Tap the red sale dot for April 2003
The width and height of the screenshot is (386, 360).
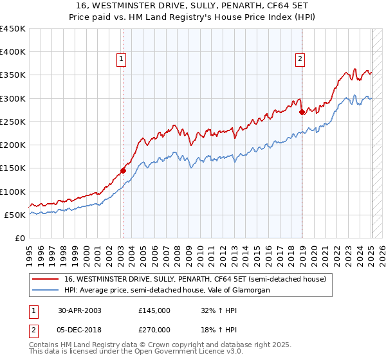click(x=123, y=170)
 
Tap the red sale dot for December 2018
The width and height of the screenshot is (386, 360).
click(x=302, y=112)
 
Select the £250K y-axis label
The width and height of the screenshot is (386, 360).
click(x=13, y=122)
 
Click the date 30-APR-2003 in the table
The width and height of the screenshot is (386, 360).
click(x=80, y=310)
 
